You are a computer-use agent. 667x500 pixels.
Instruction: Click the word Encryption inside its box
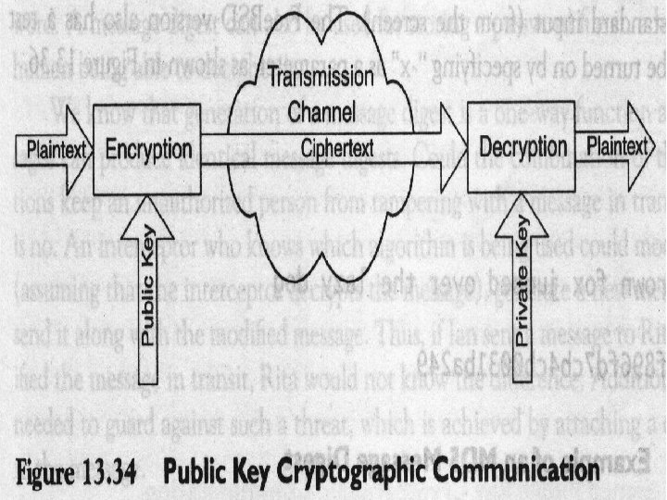149,149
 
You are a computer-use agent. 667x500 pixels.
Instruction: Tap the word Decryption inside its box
523,145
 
